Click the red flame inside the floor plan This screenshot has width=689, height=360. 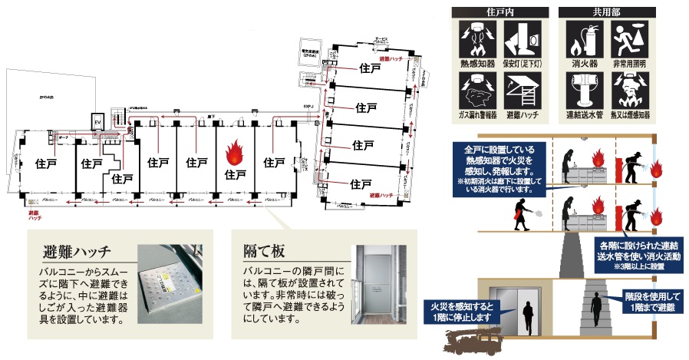[x=234, y=149]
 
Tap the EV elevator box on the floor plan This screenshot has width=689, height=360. [x=97, y=124]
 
